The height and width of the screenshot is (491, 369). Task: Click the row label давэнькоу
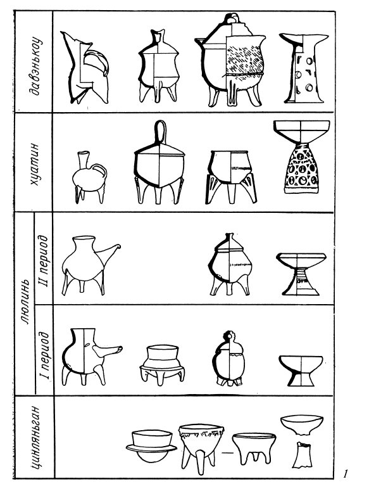[x=34, y=66]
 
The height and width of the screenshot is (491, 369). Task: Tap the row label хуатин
[x=34, y=163]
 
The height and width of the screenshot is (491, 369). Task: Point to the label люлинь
[x=25, y=302]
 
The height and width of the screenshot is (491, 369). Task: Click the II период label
[x=43, y=262]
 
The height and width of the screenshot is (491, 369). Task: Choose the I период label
[x=44, y=355]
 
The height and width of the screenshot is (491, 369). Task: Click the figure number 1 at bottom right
[x=345, y=473]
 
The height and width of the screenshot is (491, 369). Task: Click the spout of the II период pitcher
[x=110, y=253]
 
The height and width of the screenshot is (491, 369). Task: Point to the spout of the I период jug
[x=108, y=351]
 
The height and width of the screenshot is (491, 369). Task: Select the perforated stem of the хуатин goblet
[x=302, y=168]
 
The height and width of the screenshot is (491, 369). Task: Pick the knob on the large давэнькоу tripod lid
[x=233, y=19]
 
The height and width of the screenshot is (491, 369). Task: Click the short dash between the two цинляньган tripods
[x=229, y=452]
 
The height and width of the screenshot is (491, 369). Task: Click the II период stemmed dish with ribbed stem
[x=301, y=274]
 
